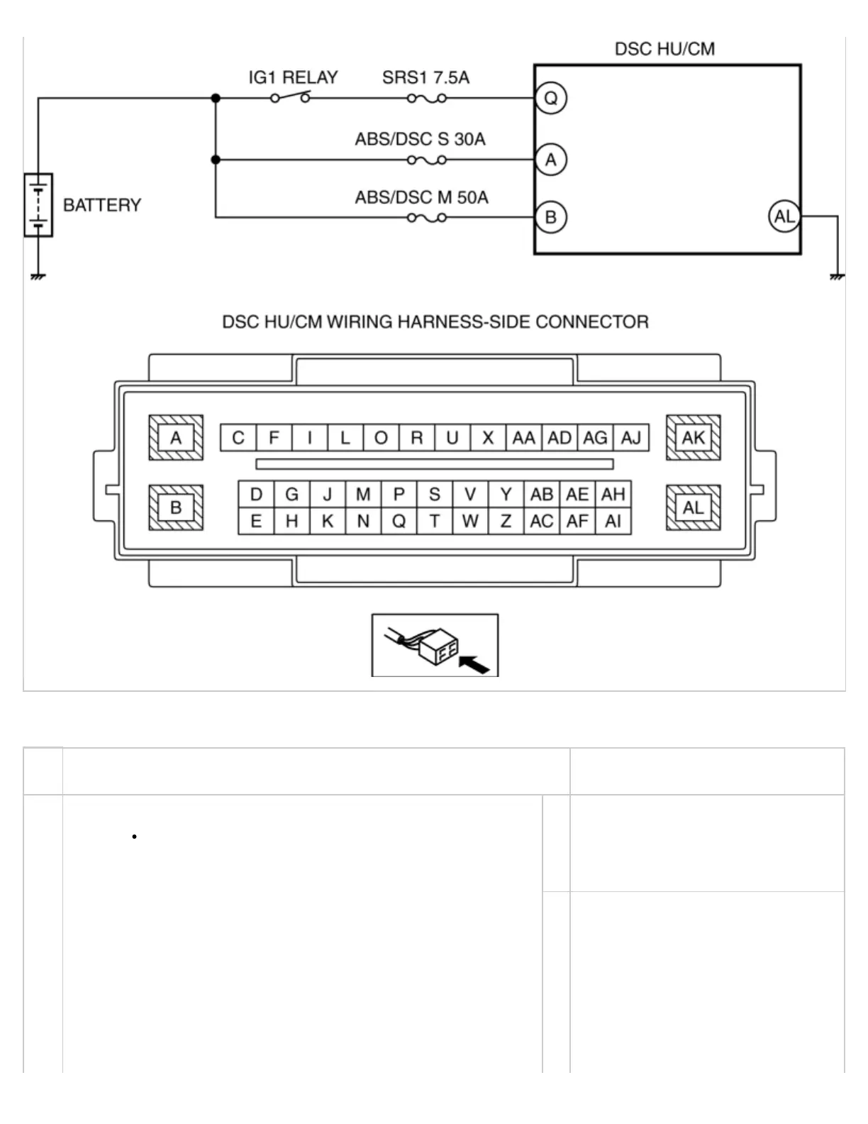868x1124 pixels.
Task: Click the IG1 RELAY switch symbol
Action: [291, 97]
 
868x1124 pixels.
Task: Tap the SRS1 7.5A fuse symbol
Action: [427, 98]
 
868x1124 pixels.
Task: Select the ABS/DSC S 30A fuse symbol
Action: [427, 160]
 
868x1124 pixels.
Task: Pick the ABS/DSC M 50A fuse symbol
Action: [427, 217]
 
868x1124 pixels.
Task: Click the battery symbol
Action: [38, 204]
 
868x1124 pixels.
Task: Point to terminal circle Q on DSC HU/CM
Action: [551, 98]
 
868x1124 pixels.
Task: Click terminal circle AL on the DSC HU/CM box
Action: [784, 216]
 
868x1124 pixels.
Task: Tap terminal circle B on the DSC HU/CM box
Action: [551, 217]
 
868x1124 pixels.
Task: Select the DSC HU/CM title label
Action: [664, 49]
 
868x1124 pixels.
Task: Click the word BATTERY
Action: [102, 205]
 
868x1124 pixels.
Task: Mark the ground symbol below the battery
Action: [38, 275]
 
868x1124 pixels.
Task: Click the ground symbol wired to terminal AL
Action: [837, 275]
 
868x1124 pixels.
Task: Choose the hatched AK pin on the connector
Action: [693, 438]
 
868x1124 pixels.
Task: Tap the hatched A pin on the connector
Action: [176, 438]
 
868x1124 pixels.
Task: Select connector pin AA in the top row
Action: [523, 438]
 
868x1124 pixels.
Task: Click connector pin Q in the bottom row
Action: [399, 522]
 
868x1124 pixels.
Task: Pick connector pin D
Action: [256, 495]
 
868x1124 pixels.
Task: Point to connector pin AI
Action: [613, 522]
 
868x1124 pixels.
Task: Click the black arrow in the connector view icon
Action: [474, 664]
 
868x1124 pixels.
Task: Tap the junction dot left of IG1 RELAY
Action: [216, 98]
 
